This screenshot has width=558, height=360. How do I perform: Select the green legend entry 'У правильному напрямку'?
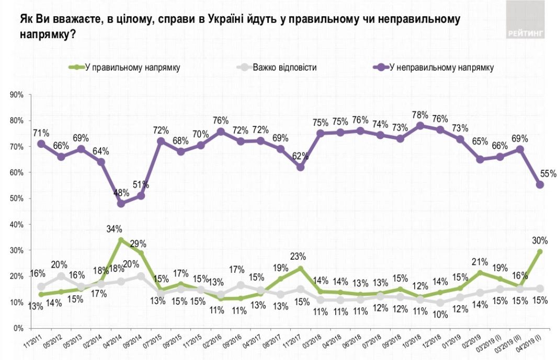[x=131, y=67]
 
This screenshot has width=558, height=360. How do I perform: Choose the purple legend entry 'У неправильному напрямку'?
[x=439, y=67]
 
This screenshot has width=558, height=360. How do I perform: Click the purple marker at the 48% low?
[x=121, y=204]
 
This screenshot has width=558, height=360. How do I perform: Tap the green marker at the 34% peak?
[x=121, y=240]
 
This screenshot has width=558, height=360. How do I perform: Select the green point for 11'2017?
[x=300, y=269]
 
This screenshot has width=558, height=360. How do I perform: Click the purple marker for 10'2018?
[x=420, y=125]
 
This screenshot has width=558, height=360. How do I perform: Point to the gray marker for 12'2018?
[x=440, y=303]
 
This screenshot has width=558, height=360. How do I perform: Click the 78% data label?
[x=420, y=114]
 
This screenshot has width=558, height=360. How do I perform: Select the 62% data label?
[x=300, y=155]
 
